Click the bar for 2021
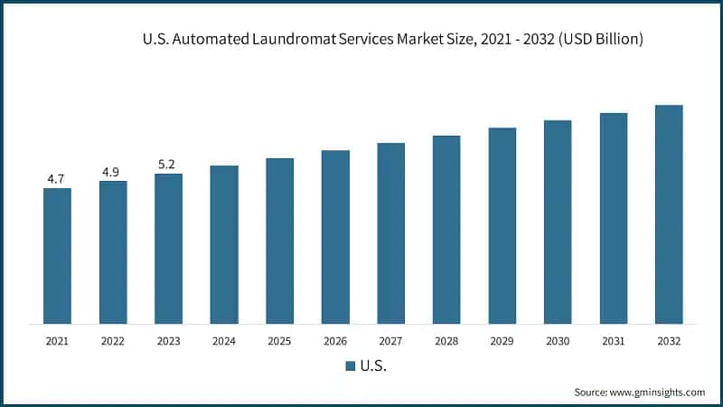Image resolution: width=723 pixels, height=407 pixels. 57,256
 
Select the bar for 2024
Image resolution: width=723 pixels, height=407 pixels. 224,244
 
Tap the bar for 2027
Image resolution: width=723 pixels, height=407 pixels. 391,233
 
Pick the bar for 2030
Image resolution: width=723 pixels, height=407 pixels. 558,222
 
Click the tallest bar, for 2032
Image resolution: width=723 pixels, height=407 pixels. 669,214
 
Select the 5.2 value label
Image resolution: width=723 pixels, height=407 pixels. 168,165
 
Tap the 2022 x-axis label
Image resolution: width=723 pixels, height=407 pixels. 113,341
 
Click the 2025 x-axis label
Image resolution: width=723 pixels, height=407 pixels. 280,341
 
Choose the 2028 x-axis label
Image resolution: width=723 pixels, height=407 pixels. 446,341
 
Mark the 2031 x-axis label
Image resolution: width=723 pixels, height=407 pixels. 614,341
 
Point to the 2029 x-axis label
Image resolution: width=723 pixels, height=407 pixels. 502,341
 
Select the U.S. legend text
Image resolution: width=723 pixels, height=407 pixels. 373,366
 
